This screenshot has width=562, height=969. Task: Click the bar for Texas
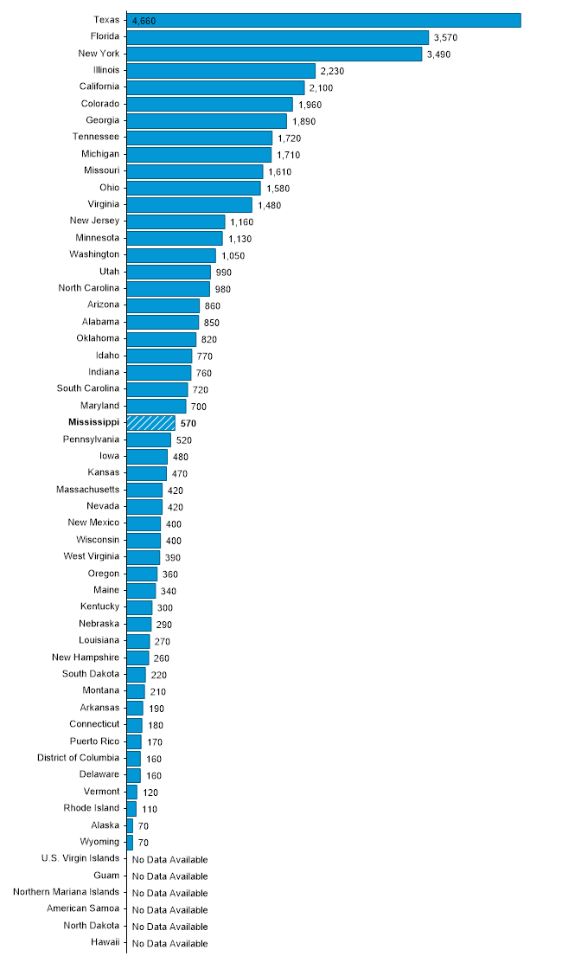[324, 20]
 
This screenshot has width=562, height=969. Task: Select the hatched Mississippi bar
[151, 423]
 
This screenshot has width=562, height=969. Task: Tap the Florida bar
[278, 37]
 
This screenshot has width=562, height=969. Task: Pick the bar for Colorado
[210, 104]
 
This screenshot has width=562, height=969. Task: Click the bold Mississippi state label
[93, 423]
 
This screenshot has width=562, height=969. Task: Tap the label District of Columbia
[78, 758]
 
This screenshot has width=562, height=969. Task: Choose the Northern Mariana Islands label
[67, 892]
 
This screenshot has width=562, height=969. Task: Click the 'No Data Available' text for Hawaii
[169, 944]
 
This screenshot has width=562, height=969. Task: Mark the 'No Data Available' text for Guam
[169, 876]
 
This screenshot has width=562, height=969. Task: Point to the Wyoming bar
[130, 842]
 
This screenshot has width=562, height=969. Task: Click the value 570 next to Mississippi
[189, 424]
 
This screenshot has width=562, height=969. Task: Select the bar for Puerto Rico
[134, 741]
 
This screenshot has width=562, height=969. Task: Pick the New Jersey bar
[176, 221]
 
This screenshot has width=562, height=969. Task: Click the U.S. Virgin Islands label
[80, 858]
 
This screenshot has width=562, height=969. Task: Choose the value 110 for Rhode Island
[150, 810]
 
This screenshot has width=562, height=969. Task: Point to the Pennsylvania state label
[92, 440]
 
